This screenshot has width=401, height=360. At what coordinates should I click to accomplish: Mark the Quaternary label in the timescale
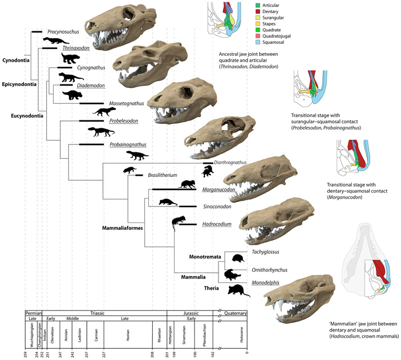(234, 313)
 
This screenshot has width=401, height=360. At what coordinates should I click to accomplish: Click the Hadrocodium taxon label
(216, 224)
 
